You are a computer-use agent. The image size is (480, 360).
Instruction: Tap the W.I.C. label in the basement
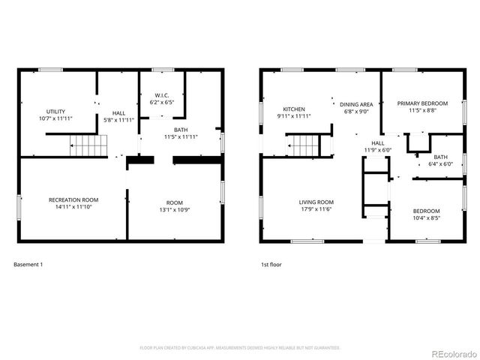click(162, 95)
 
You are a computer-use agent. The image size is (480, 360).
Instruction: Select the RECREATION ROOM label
click(73, 199)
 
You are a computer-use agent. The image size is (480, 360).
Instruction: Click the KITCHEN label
click(293, 109)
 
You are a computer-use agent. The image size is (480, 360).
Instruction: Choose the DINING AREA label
click(356, 105)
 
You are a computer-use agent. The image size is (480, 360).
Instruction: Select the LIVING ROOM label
click(316, 202)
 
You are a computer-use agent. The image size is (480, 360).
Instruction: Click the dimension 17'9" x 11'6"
click(316, 209)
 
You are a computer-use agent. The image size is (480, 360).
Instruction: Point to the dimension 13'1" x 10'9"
click(174, 209)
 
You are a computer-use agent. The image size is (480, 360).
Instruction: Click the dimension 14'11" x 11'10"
click(73, 207)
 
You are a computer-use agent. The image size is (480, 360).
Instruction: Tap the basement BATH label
click(181, 130)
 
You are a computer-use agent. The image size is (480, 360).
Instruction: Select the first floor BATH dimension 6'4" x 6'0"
click(440, 163)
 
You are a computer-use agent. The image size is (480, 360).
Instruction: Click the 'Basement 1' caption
click(28, 264)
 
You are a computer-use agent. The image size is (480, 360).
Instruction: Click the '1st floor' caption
click(271, 264)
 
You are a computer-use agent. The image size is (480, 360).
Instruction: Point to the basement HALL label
click(118, 112)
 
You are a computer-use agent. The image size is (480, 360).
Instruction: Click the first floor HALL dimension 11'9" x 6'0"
click(377, 149)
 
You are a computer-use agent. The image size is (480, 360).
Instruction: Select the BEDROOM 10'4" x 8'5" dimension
click(426, 218)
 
